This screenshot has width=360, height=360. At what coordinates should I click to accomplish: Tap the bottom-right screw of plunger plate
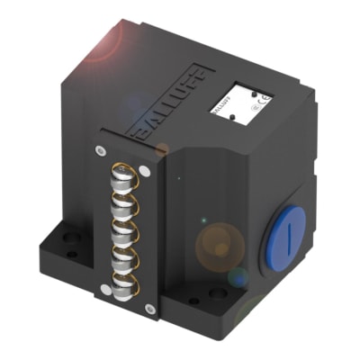(149, 309)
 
